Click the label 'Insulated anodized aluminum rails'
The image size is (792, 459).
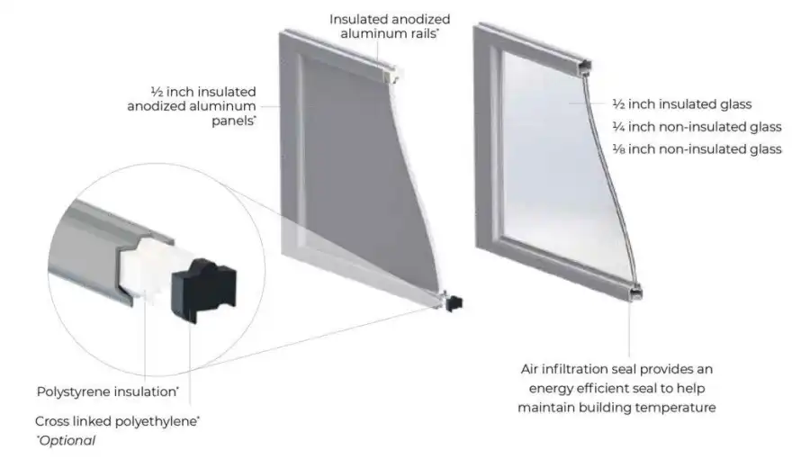(x=390, y=26)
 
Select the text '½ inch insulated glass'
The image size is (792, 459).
(x=682, y=104)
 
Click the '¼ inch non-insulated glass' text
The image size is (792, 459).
(x=697, y=126)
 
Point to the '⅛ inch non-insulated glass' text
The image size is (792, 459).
(x=697, y=149)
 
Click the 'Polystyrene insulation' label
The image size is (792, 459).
(x=108, y=391)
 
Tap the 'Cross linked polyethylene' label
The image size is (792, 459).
(x=117, y=421)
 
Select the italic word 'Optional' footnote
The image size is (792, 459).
(x=67, y=440)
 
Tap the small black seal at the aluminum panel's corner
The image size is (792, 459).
(x=454, y=303)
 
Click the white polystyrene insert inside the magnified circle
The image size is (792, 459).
(x=151, y=270)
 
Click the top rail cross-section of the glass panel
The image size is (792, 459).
(x=585, y=67)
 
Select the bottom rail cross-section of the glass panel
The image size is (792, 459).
(x=635, y=292)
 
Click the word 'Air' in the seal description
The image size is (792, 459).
(x=529, y=369)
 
